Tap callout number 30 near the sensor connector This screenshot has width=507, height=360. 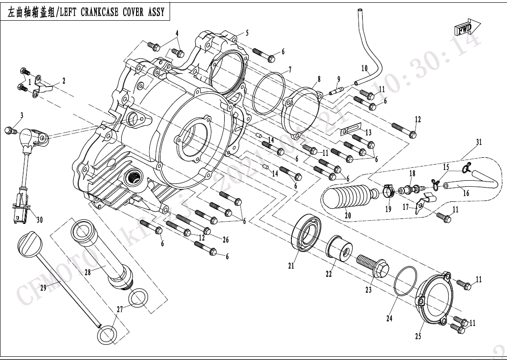pos(40,220)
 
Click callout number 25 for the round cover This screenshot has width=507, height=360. pos(418,337)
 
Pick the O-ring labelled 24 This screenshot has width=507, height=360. pos(404,281)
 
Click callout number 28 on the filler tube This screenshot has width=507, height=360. pos(87,272)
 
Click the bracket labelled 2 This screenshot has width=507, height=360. pos(44,87)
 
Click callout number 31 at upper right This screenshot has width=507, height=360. pos(479,142)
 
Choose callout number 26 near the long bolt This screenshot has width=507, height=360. pos(226,239)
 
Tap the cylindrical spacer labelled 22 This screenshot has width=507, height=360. pos(339,247)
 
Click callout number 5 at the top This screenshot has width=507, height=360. pos(247,33)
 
